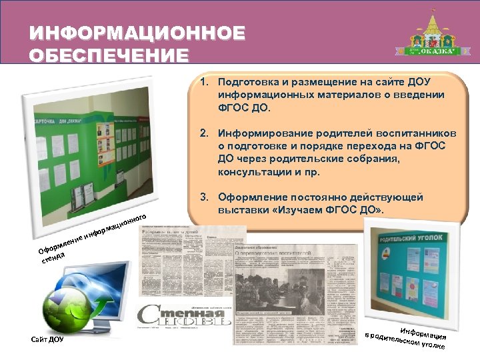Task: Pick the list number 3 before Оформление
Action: tap(203, 197)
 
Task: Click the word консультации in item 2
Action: tap(251, 171)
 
